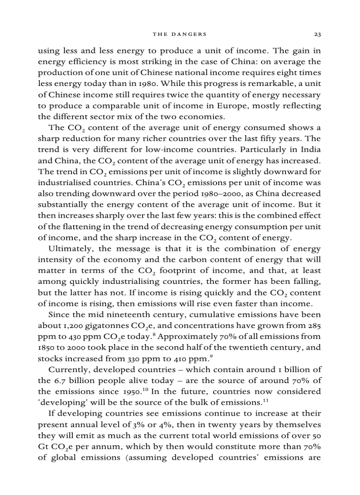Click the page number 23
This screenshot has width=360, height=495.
(x=317, y=34)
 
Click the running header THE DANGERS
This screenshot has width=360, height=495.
(x=180, y=34)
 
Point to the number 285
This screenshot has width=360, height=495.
(x=313, y=326)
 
